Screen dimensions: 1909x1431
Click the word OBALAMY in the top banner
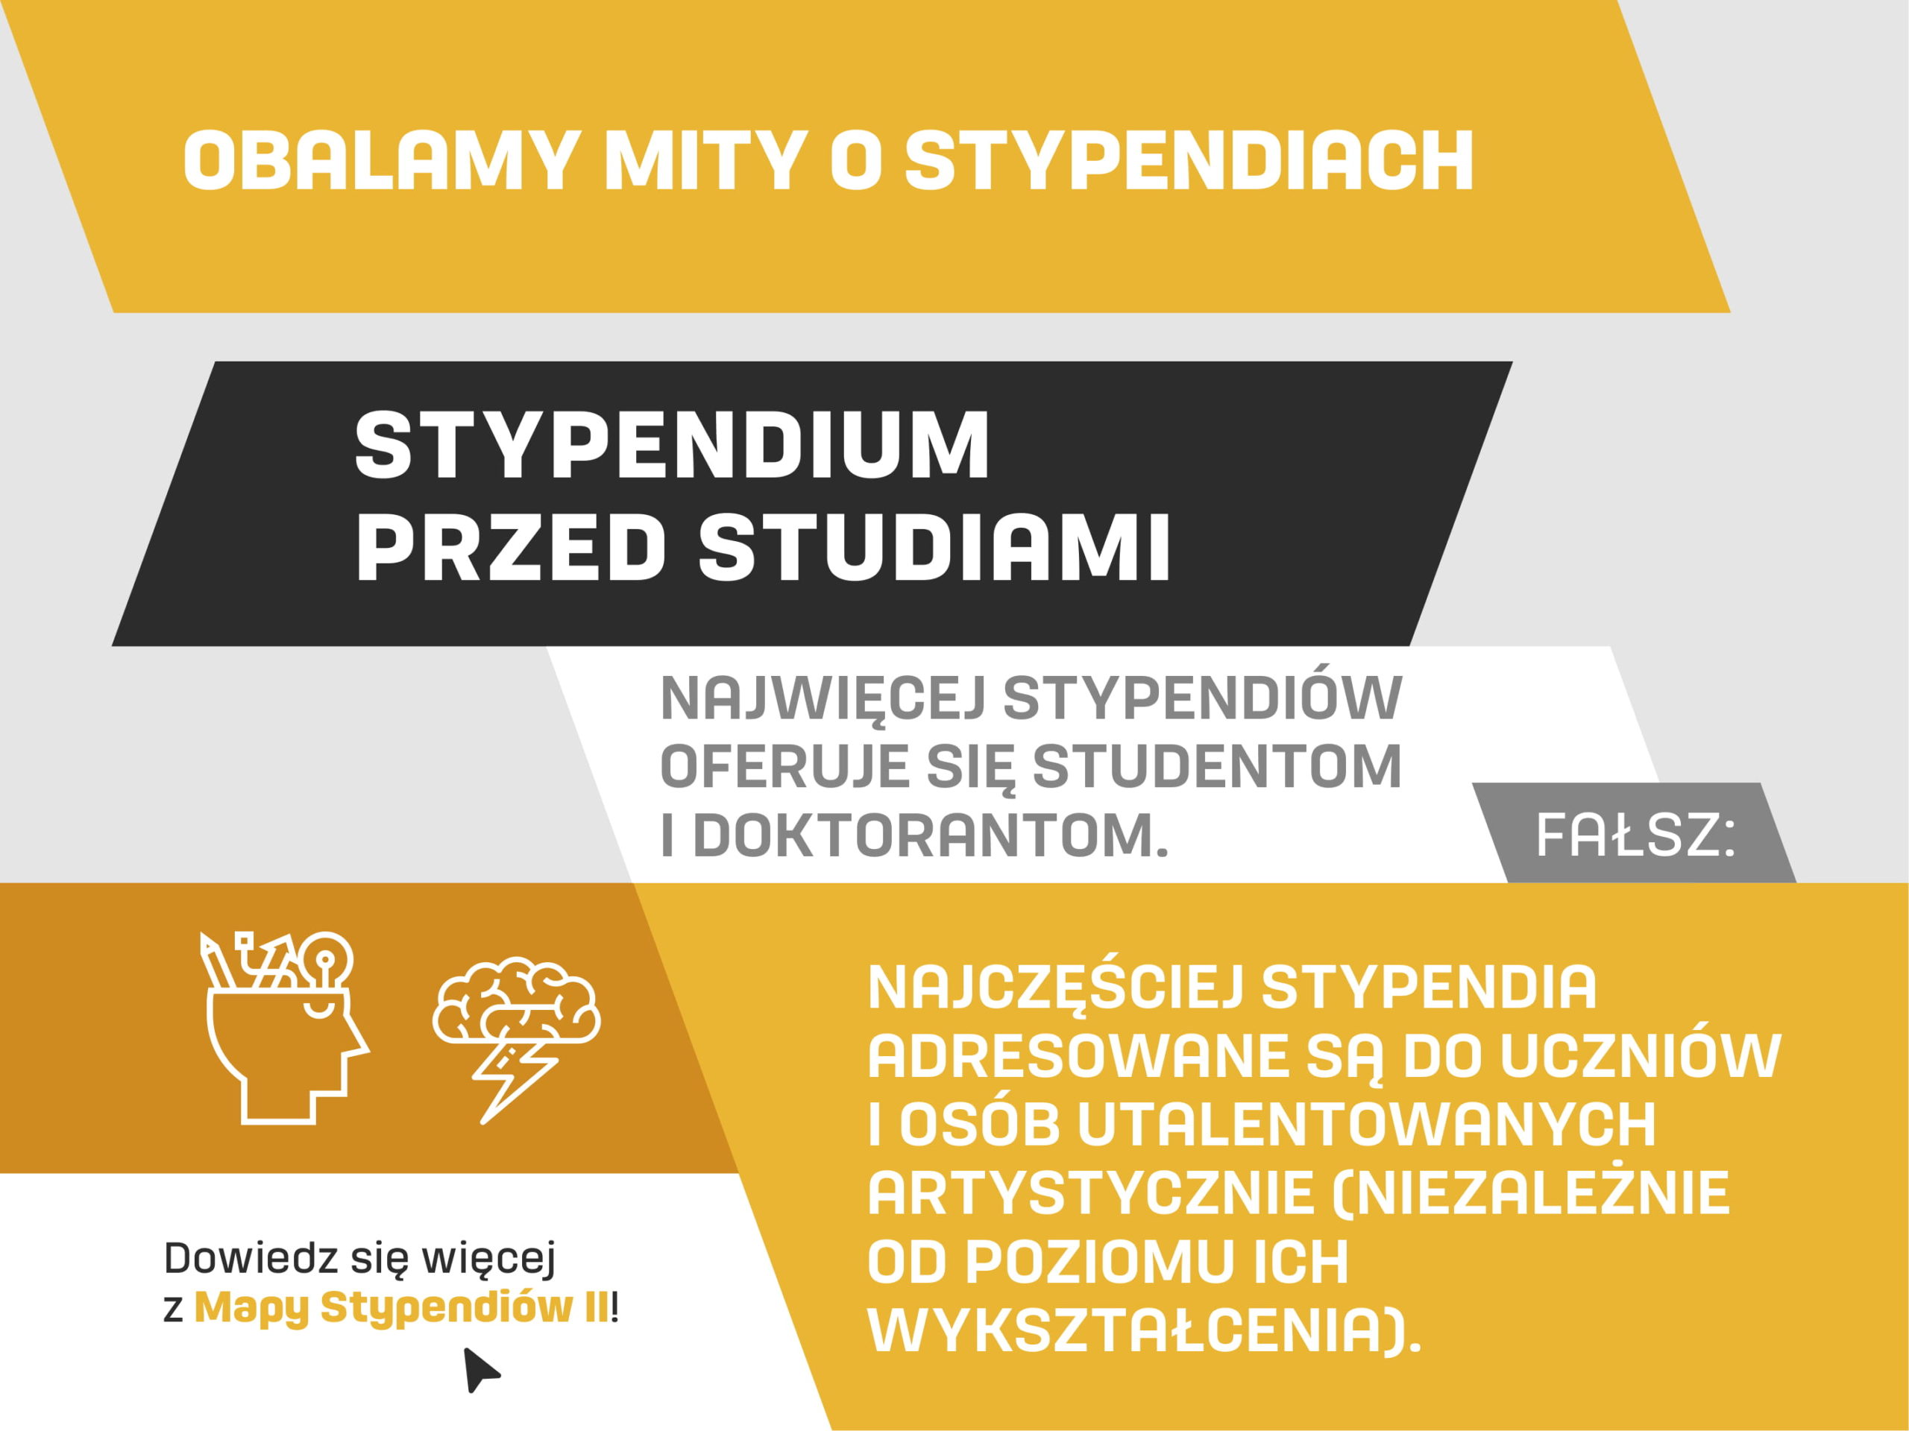click(380, 160)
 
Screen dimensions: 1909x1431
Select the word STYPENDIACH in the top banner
click(1189, 160)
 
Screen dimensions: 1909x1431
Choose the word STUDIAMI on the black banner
click(934, 549)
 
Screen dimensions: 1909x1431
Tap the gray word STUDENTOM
click(1217, 766)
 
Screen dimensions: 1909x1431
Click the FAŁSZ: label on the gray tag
click(1635, 835)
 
